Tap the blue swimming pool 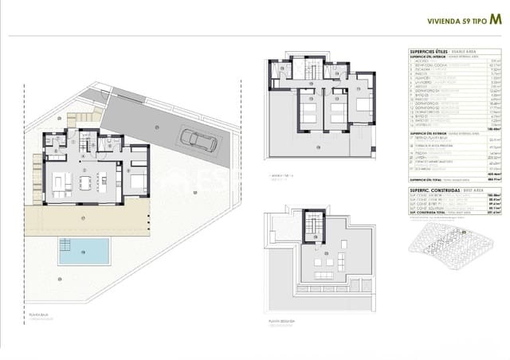coord(83,251)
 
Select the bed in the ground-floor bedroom coord(135,182)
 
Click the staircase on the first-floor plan coord(311,72)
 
